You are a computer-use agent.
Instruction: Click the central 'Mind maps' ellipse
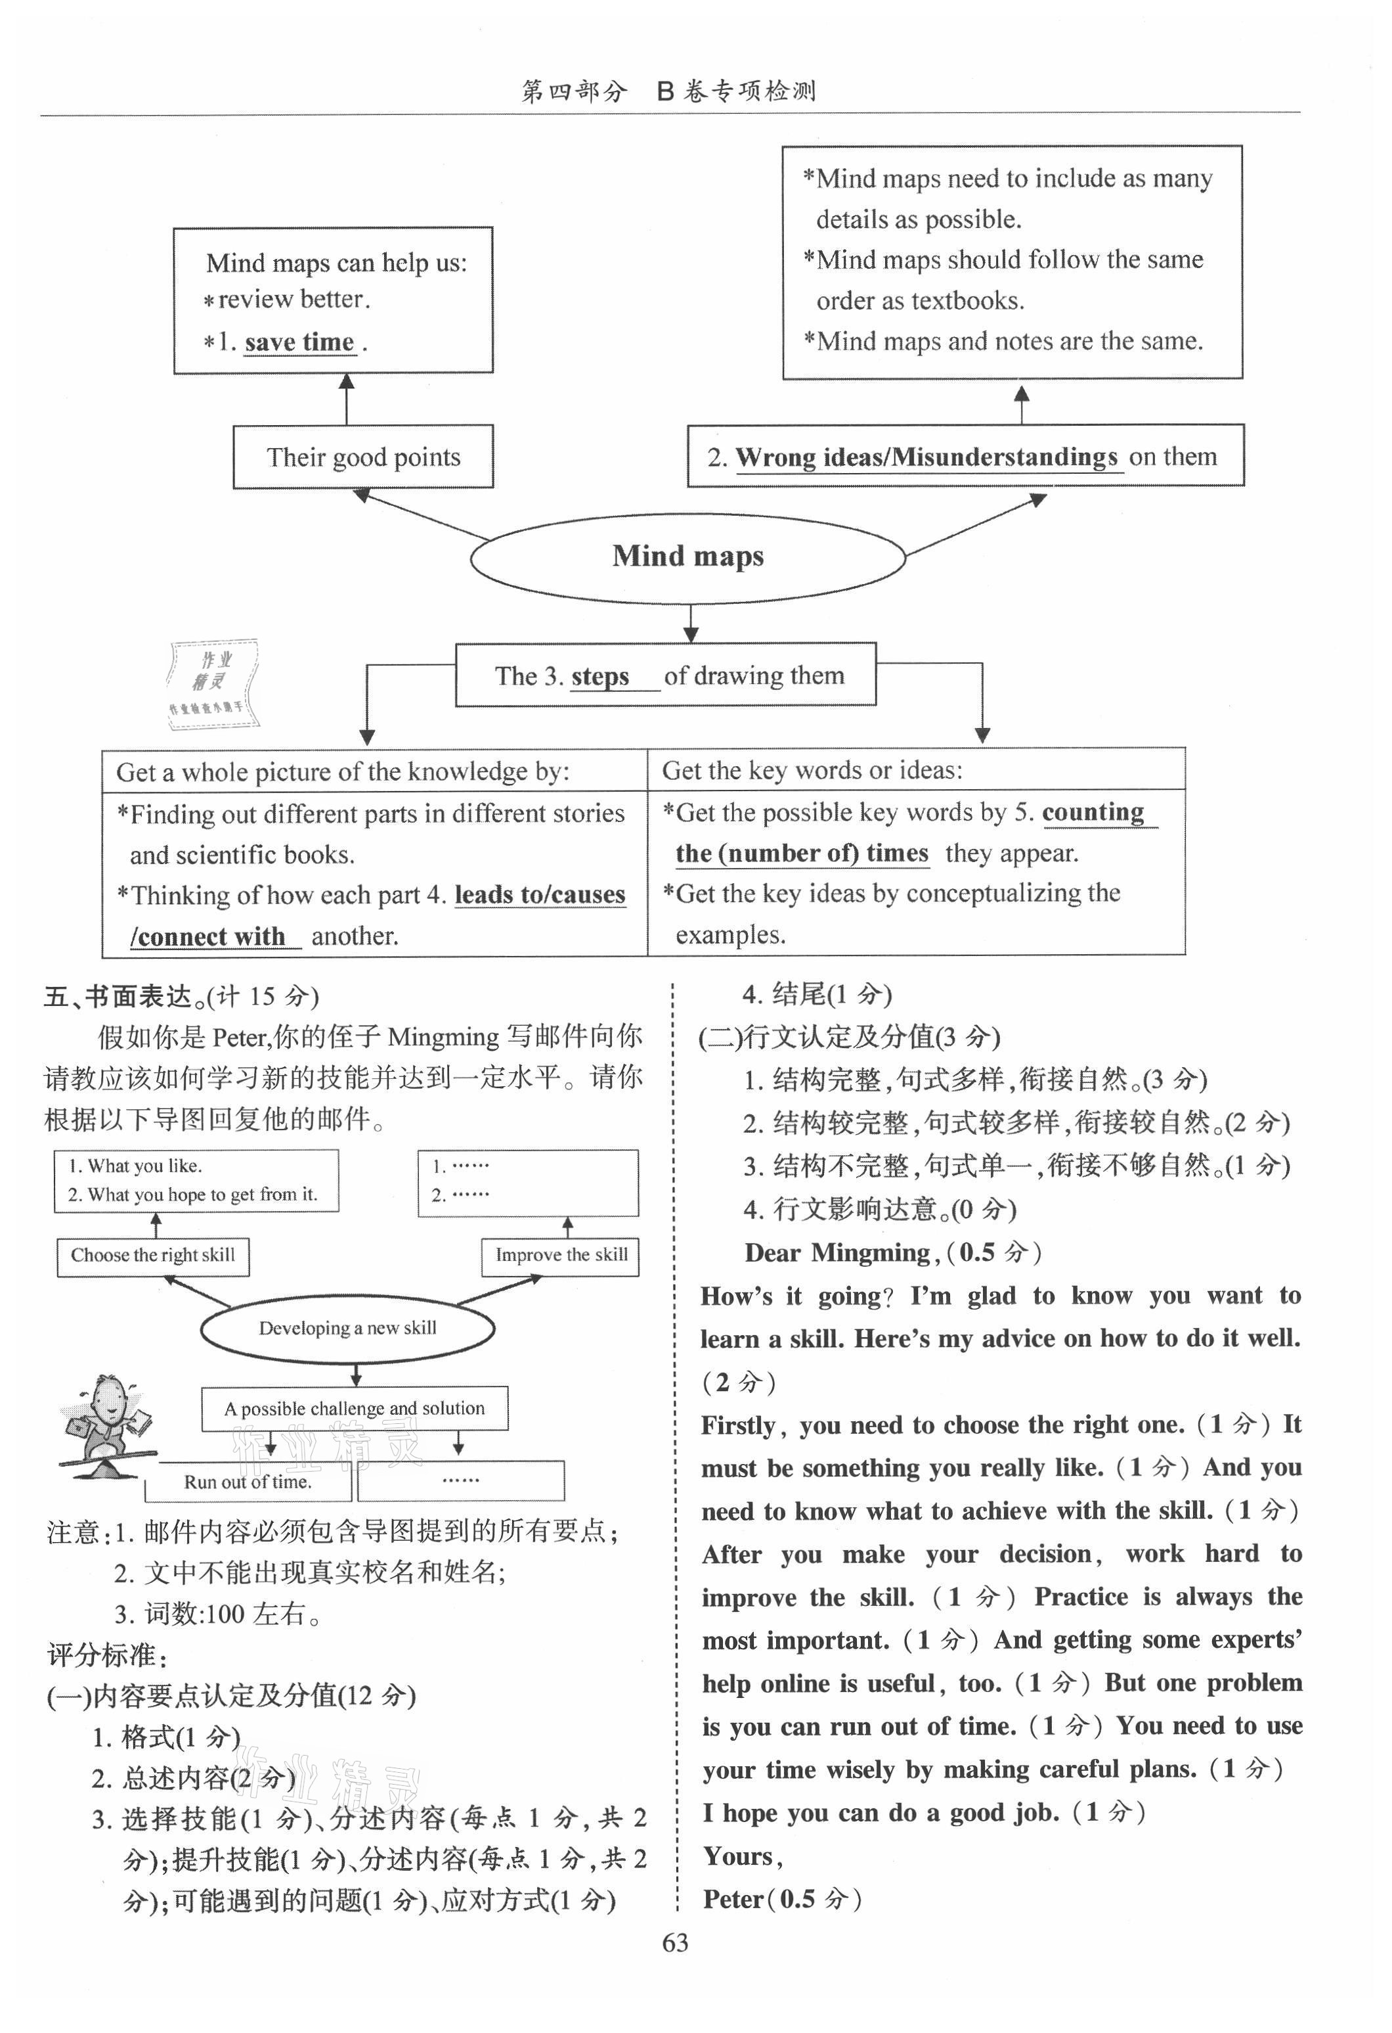(687, 557)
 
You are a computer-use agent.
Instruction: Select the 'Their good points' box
(363, 457)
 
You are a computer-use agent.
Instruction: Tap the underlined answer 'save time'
(299, 342)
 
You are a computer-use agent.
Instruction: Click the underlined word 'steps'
(600, 676)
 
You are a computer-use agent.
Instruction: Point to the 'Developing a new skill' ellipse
(347, 1327)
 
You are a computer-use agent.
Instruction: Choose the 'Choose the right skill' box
(153, 1255)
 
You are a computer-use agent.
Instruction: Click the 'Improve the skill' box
(561, 1255)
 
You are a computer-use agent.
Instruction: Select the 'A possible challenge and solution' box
(354, 1408)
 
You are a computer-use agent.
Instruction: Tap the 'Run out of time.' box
(248, 1482)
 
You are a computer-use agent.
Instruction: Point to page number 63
(675, 1943)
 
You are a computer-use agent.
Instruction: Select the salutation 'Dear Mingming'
(837, 1252)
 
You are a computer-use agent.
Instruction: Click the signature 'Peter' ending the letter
(733, 1899)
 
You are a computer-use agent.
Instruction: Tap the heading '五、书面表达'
(118, 996)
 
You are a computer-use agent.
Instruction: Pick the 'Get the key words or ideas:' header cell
(915, 770)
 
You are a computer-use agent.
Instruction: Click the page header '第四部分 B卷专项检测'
(669, 91)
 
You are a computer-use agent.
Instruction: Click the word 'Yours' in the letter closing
(738, 1856)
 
